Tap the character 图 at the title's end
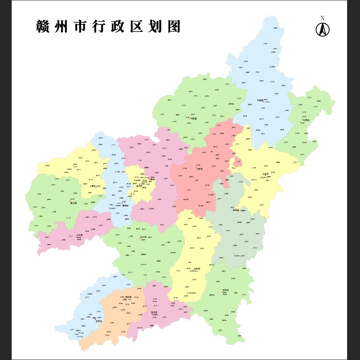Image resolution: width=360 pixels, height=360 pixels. [174, 27]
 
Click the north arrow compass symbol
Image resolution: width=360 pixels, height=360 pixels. [323, 30]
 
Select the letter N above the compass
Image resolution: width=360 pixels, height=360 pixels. [323, 18]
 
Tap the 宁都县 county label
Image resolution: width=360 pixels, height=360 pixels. [260, 101]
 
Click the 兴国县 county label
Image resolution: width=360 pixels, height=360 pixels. [193, 119]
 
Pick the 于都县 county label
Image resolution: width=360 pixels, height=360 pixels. [200, 169]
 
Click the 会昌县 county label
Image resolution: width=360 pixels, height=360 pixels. [236, 210]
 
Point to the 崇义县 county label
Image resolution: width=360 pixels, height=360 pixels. [73, 203]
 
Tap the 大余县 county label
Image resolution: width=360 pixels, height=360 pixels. [79, 235]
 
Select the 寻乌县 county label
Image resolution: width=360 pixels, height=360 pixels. [226, 290]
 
